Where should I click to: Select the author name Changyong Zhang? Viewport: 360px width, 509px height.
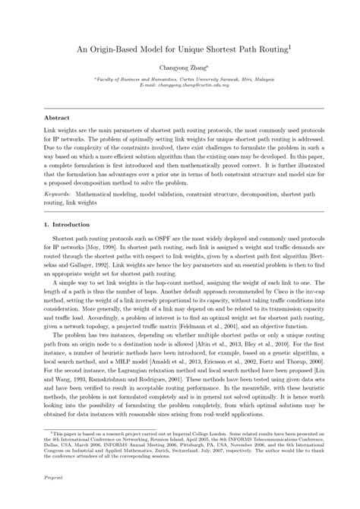tap(179, 67)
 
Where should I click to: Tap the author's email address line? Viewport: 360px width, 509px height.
tap(179, 87)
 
